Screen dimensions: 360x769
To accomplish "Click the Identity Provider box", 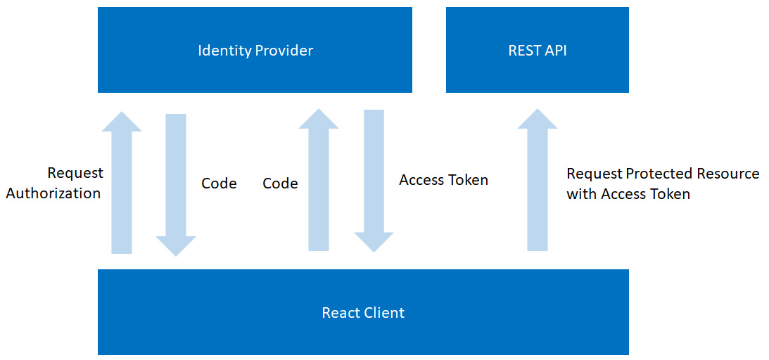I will click(x=255, y=51).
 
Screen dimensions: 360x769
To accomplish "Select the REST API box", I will click(x=537, y=51).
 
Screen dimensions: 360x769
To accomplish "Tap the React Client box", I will click(x=363, y=312).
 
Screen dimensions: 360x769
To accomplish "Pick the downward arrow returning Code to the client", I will click(x=176, y=183).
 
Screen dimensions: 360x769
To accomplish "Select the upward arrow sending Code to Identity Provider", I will click(x=319, y=183).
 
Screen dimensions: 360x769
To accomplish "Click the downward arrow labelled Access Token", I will click(x=374, y=179).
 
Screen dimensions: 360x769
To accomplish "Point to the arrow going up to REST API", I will click(x=538, y=186).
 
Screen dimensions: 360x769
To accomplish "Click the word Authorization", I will click(x=53, y=193).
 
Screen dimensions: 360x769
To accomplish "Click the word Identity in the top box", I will click(x=223, y=51).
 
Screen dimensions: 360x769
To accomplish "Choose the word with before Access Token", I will click(x=580, y=194).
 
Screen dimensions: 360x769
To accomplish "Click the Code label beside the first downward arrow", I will click(x=219, y=184).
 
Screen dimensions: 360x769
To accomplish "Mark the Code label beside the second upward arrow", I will click(x=280, y=184).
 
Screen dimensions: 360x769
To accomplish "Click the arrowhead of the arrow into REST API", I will click(x=538, y=120).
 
